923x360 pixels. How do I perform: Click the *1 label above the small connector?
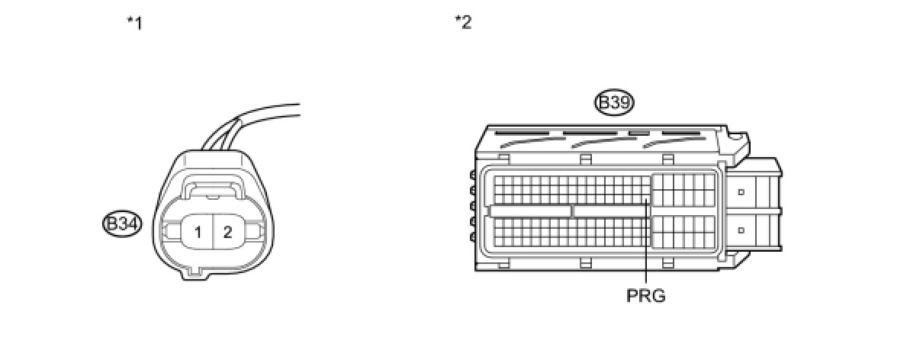click(134, 23)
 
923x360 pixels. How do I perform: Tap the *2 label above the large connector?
click(463, 23)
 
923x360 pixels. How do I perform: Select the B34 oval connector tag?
click(122, 224)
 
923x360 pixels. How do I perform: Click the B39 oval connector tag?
click(615, 103)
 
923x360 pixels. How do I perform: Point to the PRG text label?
click(646, 296)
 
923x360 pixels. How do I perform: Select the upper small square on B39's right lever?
click(741, 192)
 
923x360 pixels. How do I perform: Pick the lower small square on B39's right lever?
click(741, 229)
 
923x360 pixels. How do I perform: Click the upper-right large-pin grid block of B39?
click(683, 190)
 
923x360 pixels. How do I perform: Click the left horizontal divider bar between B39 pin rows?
click(530, 211)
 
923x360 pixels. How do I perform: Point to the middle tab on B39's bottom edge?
click(586, 263)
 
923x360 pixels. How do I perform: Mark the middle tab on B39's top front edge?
click(586, 159)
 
